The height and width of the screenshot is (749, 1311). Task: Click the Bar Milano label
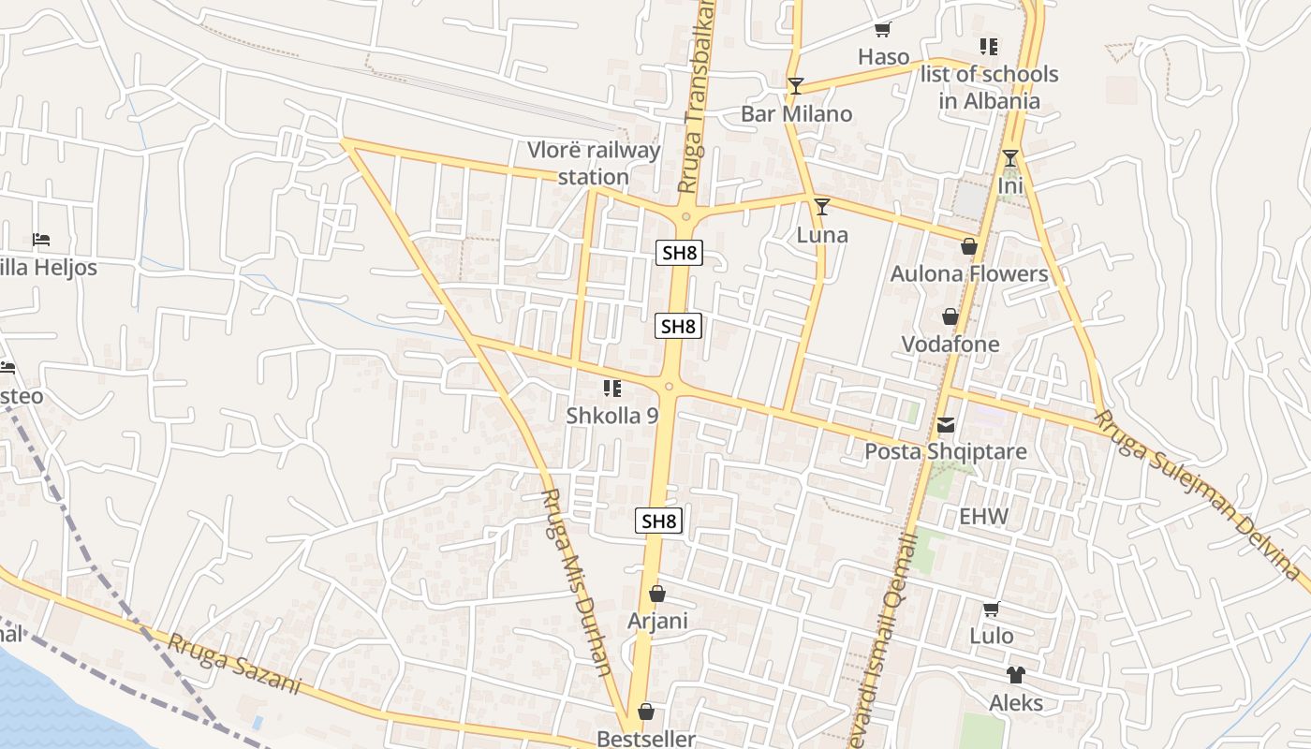point(796,114)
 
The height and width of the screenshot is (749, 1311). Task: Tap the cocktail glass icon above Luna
point(822,207)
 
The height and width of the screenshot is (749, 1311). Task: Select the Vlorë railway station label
point(594,163)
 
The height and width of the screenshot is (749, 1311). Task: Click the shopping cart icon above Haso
point(882,30)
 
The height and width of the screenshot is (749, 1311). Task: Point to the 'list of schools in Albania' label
point(989,87)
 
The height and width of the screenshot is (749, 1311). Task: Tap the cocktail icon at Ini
point(1010,158)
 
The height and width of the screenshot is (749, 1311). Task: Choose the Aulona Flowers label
point(969,274)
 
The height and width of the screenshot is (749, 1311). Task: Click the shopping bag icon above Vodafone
point(950,317)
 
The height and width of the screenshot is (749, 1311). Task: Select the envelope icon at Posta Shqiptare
point(946,425)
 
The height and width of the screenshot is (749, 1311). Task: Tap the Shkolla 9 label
point(612,416)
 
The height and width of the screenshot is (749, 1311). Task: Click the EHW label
point(984,517)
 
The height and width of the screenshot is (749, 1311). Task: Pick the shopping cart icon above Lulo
point(991,609)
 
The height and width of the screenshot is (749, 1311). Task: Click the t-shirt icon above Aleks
point(1016,675)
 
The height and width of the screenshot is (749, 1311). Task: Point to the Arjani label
point(657,621)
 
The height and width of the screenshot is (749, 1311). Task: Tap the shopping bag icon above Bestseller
point(646,712)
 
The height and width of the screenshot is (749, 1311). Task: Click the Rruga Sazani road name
point(234,664)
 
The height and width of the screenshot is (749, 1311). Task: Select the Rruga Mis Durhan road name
point(577,581)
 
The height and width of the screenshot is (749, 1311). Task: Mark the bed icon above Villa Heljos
point(40,240)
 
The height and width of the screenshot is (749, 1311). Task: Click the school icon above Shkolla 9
point(612,389)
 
